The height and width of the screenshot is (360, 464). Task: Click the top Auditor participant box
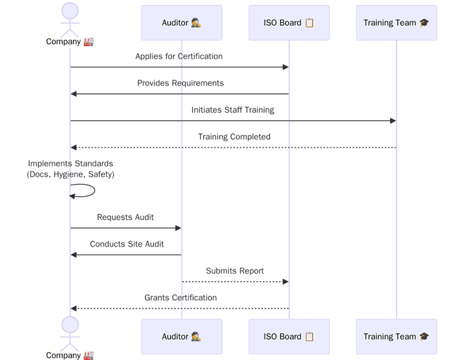[x=181, y=23]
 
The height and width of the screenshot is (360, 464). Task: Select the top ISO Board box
[x=289, y=23]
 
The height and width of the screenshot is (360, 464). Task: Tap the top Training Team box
[x=396, y=23]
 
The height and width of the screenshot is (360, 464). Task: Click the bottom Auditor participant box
[x=181, y=337]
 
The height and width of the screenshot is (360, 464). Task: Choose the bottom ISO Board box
[x=289, y=337]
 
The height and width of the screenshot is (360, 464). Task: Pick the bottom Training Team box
[x=396, y=337]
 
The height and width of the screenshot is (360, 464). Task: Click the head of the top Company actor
[x=70, y=10]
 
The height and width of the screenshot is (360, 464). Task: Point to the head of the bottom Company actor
[x=70, y=325]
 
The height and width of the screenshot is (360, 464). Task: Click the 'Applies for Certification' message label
[x=179, y=56]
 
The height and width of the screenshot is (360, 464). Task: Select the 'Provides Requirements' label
[x=180, y=83]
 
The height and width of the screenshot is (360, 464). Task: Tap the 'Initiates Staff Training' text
[x=233, y=110]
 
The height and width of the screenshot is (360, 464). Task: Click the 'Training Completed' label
[x=234, y=137]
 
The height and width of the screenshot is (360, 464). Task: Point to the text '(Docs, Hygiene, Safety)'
[x=70, y=174]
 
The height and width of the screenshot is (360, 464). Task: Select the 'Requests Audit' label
[x=125, y=217]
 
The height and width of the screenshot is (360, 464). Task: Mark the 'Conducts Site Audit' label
[x=126, y=244]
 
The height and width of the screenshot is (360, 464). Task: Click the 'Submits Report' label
[x=234, y=271]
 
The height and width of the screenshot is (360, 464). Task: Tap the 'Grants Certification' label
[x=180, y=298]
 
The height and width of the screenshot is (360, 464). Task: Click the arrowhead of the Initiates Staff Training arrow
[x=392, y=121]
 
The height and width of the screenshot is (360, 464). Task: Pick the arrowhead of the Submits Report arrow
[x=285, y=282]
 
